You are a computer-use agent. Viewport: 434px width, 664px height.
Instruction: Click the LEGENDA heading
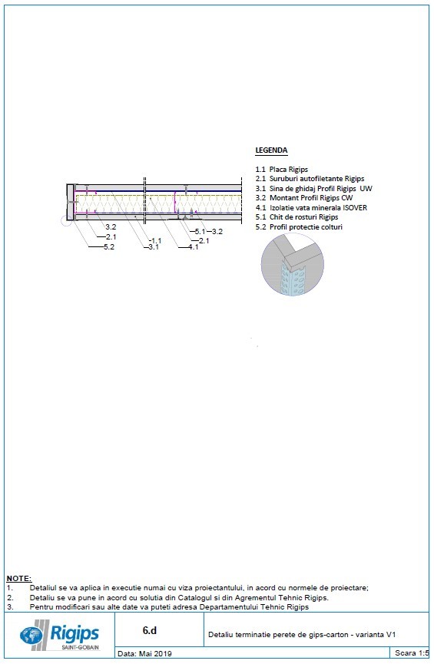[x=271, y=150]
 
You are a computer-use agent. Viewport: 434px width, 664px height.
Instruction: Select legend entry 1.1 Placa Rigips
[x=282, y=169]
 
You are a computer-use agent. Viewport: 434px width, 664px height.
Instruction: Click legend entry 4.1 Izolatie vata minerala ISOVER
[x=311, y=207]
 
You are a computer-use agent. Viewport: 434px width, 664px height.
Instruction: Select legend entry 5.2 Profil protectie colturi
[x=299, y=226]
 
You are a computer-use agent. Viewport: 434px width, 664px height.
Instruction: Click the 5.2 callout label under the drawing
[x=110, y=247]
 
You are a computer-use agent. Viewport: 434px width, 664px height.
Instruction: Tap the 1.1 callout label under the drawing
[x=155, y=241]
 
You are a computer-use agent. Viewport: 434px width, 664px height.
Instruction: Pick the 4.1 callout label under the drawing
[x=193, y=247]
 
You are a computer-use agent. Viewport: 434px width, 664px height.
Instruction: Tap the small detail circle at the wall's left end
[x=69, y=221]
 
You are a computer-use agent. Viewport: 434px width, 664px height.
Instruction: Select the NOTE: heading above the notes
[x=18, y=578]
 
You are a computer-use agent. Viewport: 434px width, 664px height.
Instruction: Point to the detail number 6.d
[x=150, y=630]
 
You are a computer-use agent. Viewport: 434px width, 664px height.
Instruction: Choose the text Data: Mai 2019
[x=145, y=654]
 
